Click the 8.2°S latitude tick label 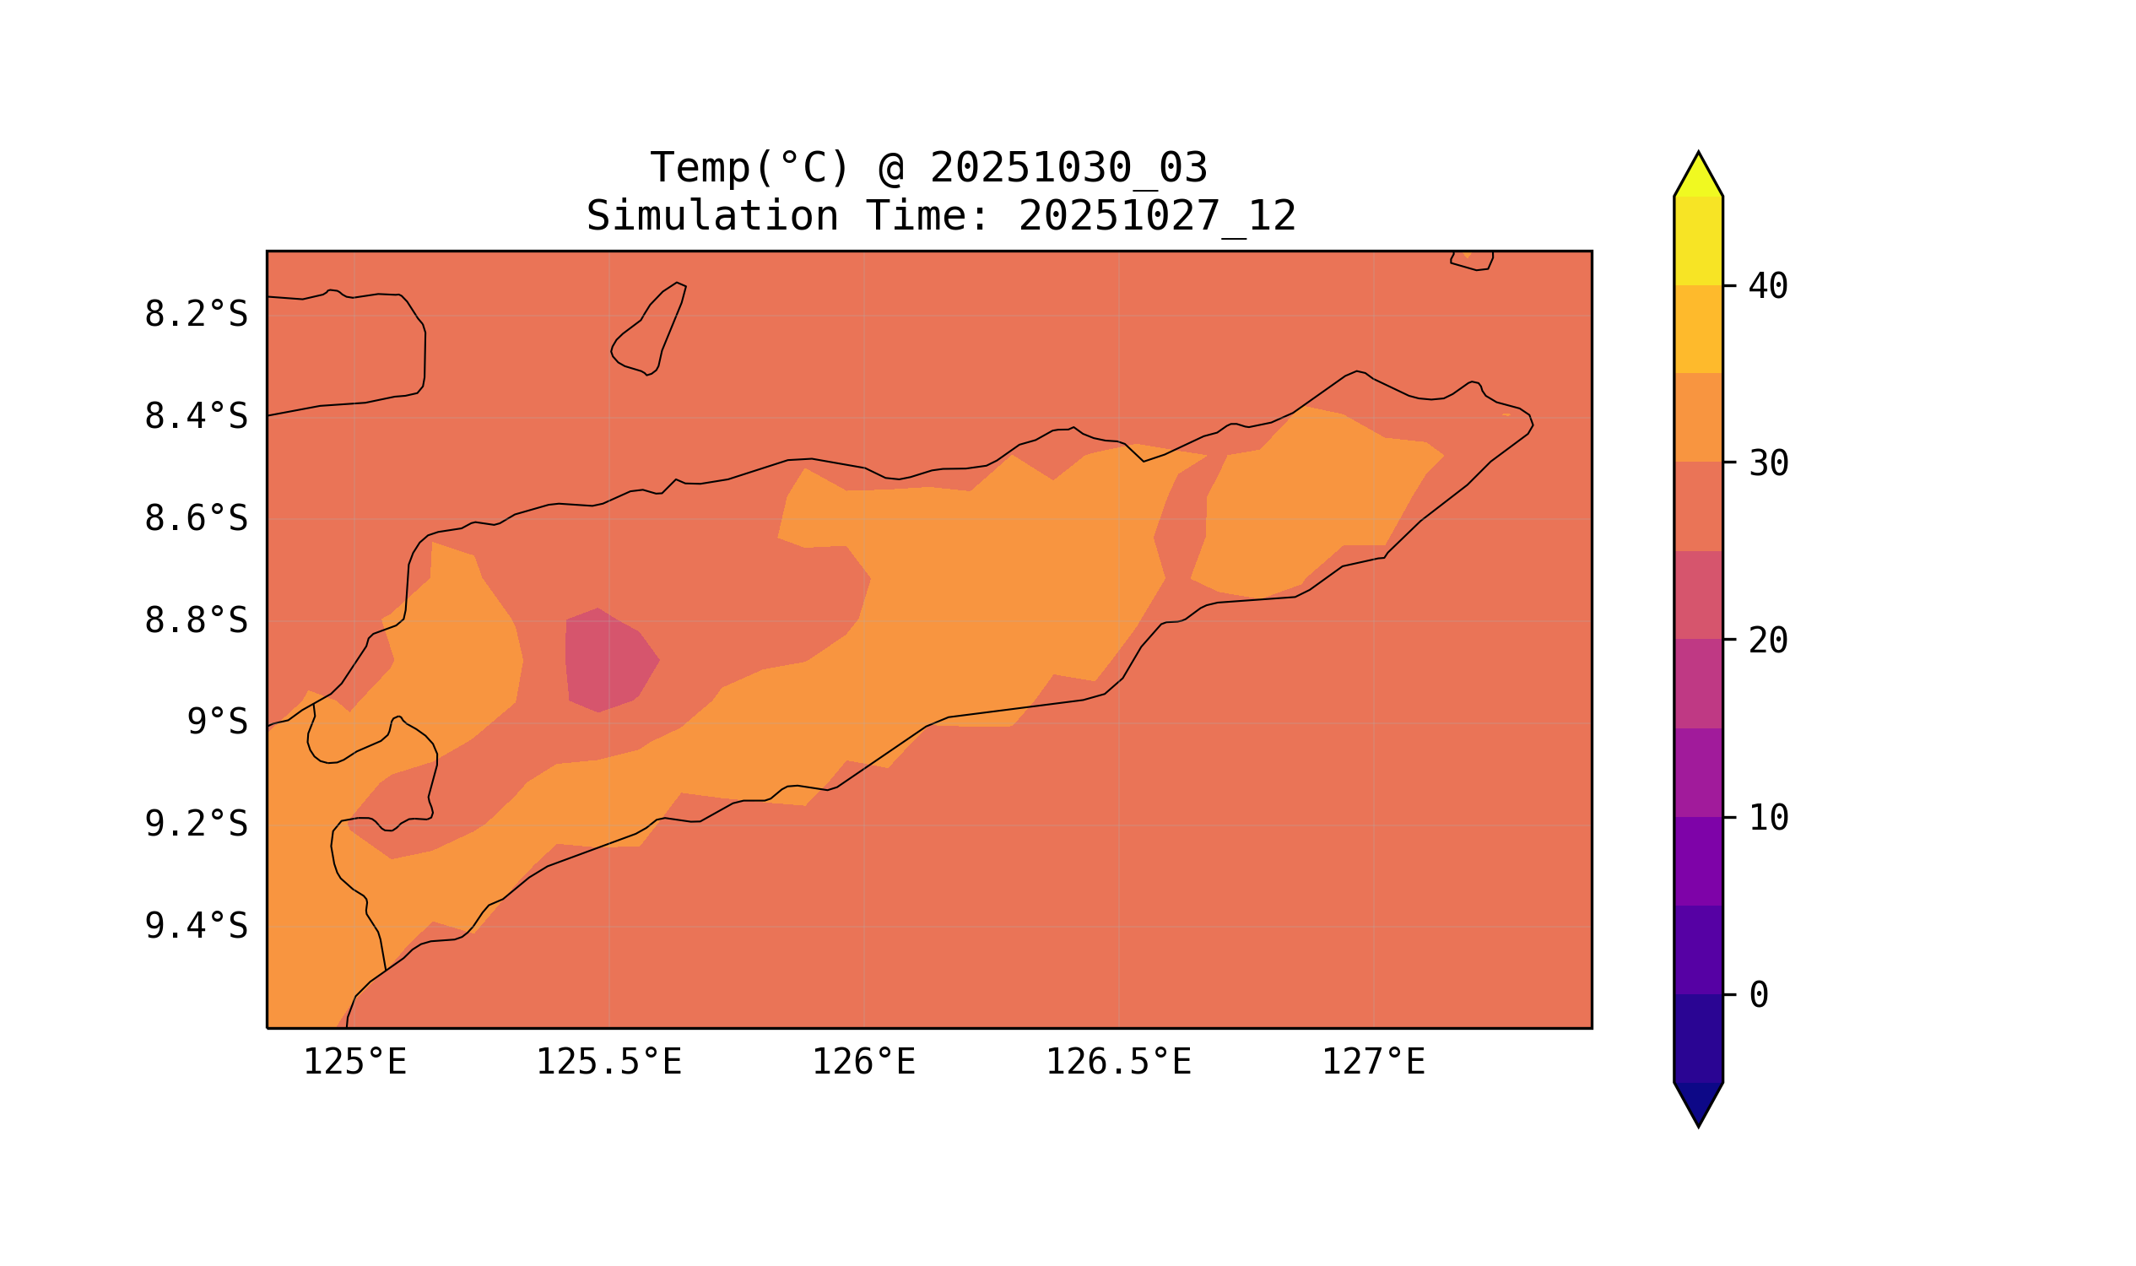tap(195, 315)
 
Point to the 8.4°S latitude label tap(195, 417)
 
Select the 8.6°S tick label tap(195, 519)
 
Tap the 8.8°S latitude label tap(195, 621)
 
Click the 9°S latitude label tap(217, 722)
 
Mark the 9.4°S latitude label tap(195, 927)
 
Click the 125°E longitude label tap(354, 1063)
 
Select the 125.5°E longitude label tap(608, 1063)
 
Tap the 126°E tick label tap(863, 1063)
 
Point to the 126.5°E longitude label tap(1117, 1063)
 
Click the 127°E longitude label tap(1372, 1063)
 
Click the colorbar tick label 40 tap(1767, 287)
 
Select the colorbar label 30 tap(1767, 464)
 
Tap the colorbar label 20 tap(1767, 641)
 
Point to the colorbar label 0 tap(1758, 996)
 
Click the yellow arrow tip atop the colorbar tap(1697, 176)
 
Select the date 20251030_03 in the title tap(1068, 168)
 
